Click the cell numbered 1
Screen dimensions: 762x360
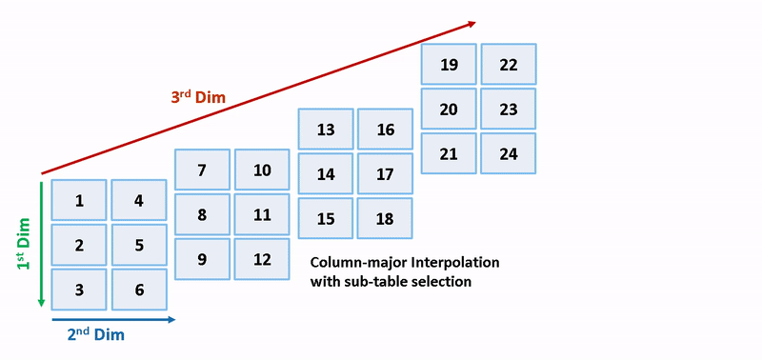pos(79,200)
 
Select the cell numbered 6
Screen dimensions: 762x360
pos(139,290)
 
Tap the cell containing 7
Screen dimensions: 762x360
pos(202,170)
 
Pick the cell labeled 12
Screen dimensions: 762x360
pos(263,259)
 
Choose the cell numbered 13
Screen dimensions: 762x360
pos(326,130)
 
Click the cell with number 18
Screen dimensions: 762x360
pos(385,218)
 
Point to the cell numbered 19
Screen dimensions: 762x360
pos(450,65)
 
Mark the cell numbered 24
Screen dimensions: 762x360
pos(509,153)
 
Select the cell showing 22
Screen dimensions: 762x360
pos(509,65)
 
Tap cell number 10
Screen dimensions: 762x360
pos(263,170)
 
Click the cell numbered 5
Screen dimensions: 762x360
pos(139,245)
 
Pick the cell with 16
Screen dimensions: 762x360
pos(385,130)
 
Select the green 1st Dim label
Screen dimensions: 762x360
pos(24,242)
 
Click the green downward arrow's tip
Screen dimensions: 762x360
pos(41,304)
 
